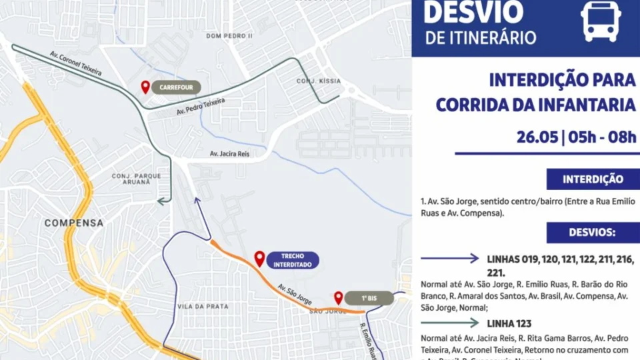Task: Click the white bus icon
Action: [x=601, y=20]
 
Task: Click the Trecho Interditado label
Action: [x=293, y=260]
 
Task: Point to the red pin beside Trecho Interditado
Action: [x=259, y=258]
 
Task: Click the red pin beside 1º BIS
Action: [x=339, y=297]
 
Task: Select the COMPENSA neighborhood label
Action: [x=74, y=223]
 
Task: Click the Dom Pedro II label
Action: [x=229, y=35]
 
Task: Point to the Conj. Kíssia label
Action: [x=319, y=81]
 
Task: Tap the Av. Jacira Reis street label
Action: [x=229, y=153]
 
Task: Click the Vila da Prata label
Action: [x=203, y=306]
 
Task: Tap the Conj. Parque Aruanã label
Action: [x=136, y=179]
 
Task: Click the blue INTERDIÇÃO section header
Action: [x=593, y=179]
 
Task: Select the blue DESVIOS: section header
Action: [x=593, y=233]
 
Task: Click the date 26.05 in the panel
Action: [x=537, y=137]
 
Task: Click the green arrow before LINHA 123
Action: [x=450, y=323]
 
